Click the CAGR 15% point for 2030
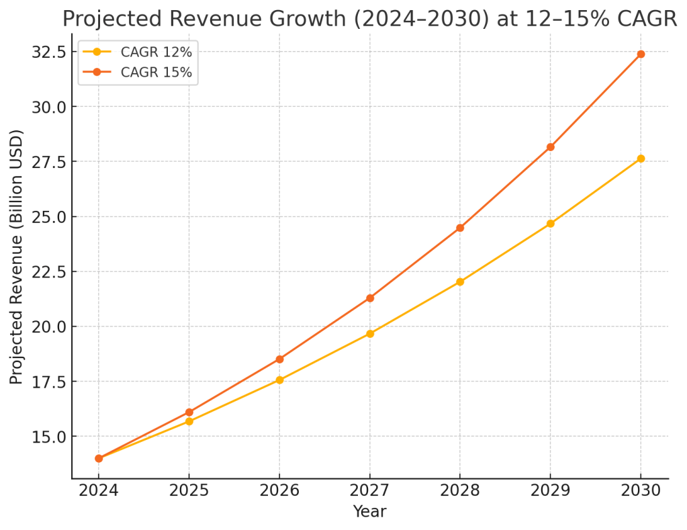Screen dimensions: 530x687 point(641,54)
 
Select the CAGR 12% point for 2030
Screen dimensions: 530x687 point(641,159)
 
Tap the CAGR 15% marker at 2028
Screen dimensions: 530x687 point(460,228)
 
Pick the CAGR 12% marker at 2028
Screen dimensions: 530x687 point(460,281)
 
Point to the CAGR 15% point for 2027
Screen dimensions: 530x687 point(370,298)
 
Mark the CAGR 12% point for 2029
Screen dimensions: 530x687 point(551,223)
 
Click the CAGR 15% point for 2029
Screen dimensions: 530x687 point(551,146)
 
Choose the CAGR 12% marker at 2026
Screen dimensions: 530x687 point(279,380)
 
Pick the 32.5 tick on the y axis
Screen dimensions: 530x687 point(48,52)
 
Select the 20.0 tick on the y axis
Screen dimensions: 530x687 point(48,326)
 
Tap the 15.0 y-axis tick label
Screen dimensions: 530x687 point(48,437)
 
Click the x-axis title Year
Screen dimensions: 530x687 point(369,512)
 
